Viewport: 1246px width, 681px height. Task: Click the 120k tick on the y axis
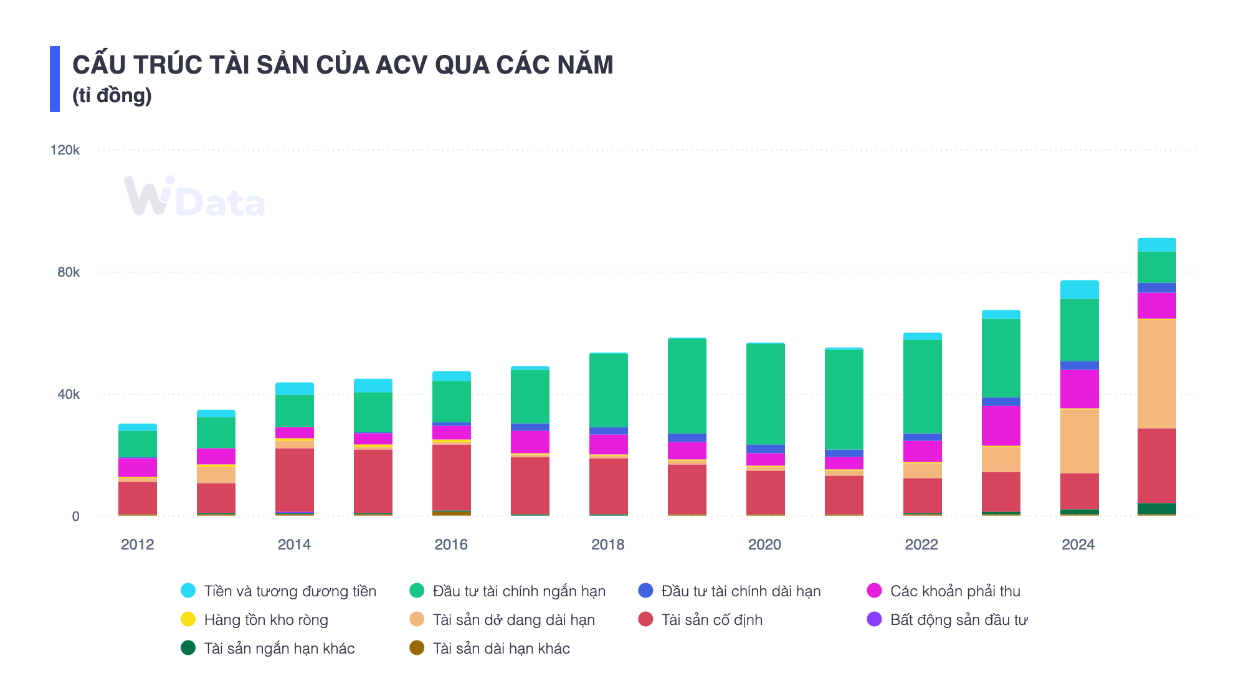(x=65, y=150)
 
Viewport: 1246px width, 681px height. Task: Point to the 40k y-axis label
(x=68, y=394)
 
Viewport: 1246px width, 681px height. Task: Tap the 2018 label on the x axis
(x=607, y=545)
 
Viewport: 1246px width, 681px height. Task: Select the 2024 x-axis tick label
(x=1078, y=545)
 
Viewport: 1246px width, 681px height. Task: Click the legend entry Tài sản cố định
(x=711, y=620)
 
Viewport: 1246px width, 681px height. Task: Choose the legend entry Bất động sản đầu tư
(x=958, y=620)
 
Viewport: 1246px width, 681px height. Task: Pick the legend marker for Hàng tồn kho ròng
(x=188, y=620)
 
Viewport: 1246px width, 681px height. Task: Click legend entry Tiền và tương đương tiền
(x=290, y=591)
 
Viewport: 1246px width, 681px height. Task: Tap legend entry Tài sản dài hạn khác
(x=501, y=649)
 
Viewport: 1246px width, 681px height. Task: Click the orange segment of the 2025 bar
(x=1156, y=374)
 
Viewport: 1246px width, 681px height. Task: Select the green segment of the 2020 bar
(x=765, y=394)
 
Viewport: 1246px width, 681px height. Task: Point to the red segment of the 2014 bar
(x=295, y=480)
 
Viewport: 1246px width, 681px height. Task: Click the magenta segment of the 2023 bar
(x=1001, y=426)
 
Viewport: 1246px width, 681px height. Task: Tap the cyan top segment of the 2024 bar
(x=1079, y=290)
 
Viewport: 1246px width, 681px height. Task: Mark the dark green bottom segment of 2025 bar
(x=1156, y=509)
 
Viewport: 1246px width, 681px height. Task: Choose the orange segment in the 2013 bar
(x=216, y=475)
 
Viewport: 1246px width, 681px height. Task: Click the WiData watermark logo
(x=194, y=198)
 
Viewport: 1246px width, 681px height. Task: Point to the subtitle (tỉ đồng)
(x=112, y=95)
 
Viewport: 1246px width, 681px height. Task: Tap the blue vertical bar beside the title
(x=55, y=79)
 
